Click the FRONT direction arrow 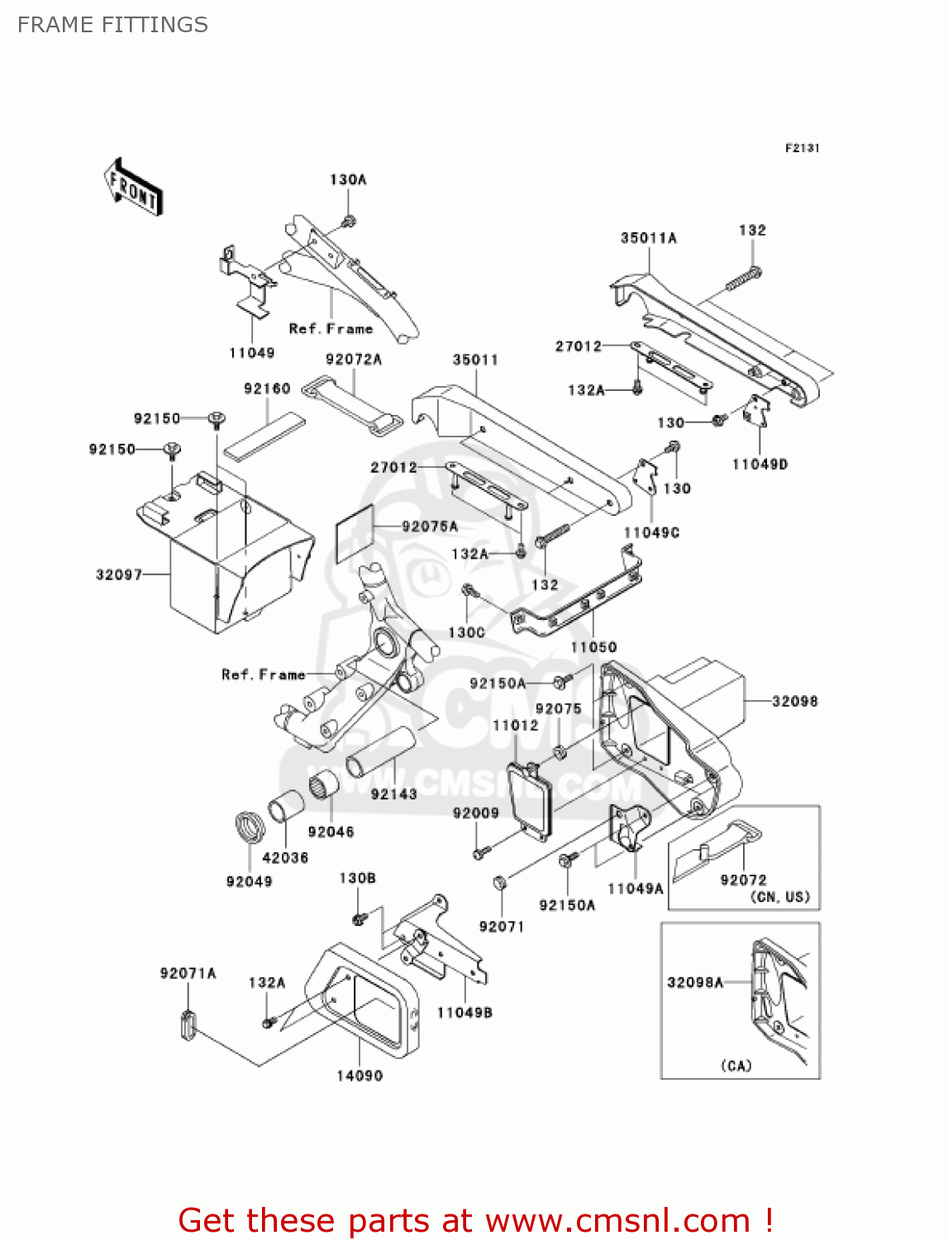pyautogui.click(x=133, y=188)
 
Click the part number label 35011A pyautogui.click(x=648, y=238)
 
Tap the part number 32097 pyautogui.click(x=119, y=575)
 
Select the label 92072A pyautogui.click(x=354, y=360)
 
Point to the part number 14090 pyautogui.click(x=360, y=1075)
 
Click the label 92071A pyautogui.click(x=188, y=974)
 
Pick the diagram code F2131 pyautogui.click(x=802, y=148)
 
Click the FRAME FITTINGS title pyautogui.click(x=112, y=25)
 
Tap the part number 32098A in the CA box pyautogui.click(x=695, y=982)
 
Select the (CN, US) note pyautogui.click(x=779, y=897)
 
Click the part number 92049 pyautogui.click(x=249, y=881)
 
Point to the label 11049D pyautogui.click(x=760, y=465)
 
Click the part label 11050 pyautogui.click(x=593, y=647)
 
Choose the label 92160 pyautogui.click(x=267, y=389)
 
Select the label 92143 pyautogui.click(x=393, y=794)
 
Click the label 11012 pyautogui.click(x=515, y=725)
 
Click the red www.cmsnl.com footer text pyautogui.click(x=475, y=1220)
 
